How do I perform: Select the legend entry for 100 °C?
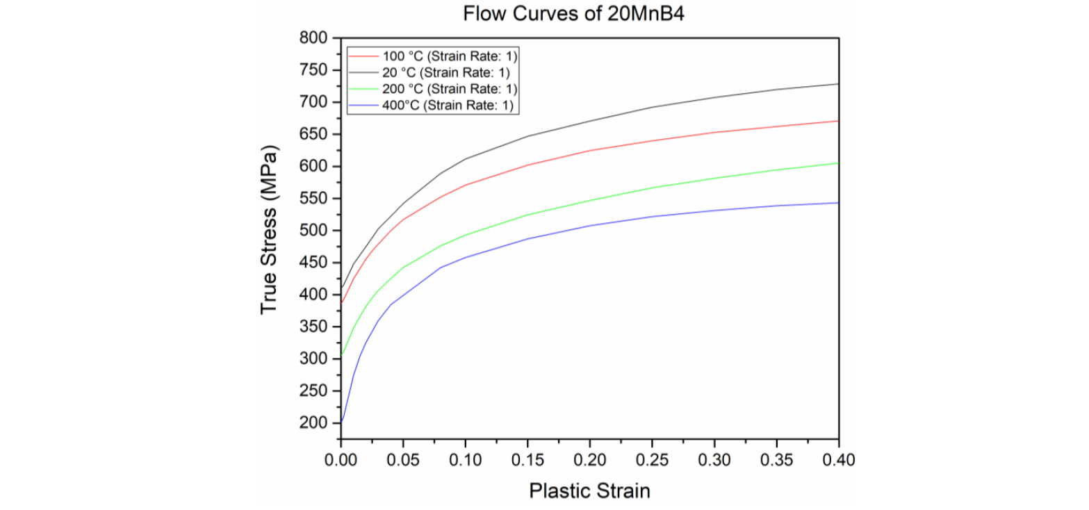point(448,56)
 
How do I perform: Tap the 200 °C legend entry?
point(448,88)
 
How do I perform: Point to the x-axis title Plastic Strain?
point(589,491)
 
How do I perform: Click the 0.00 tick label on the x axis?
point(341,459)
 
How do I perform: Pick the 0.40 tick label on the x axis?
point(839,459)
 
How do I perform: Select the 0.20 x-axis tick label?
point(590,459)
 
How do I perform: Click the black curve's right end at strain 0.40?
point(838,84)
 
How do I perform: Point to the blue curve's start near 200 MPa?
point(342,421)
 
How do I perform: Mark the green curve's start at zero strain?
point(342,355)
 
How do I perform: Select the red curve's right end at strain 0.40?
point(838,121)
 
